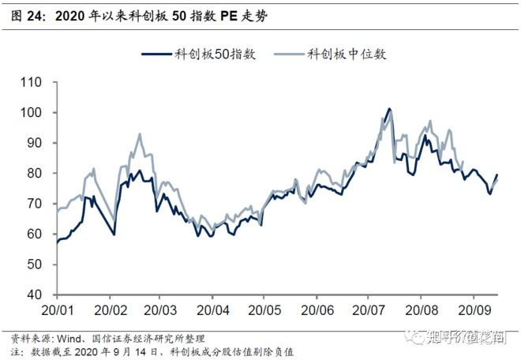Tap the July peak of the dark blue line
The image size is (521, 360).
(389, 109)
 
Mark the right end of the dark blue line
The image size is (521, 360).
(497, 174)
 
